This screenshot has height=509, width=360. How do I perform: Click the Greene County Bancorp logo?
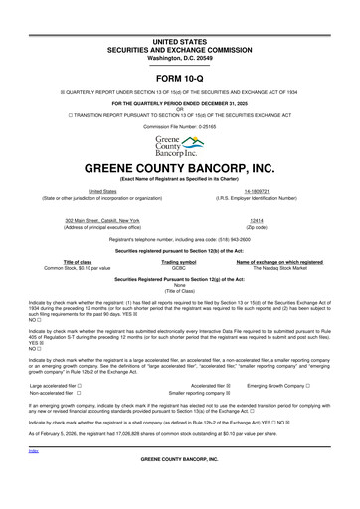tap(179, 147)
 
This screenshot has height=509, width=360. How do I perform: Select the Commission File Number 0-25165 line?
tap(179, 127)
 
